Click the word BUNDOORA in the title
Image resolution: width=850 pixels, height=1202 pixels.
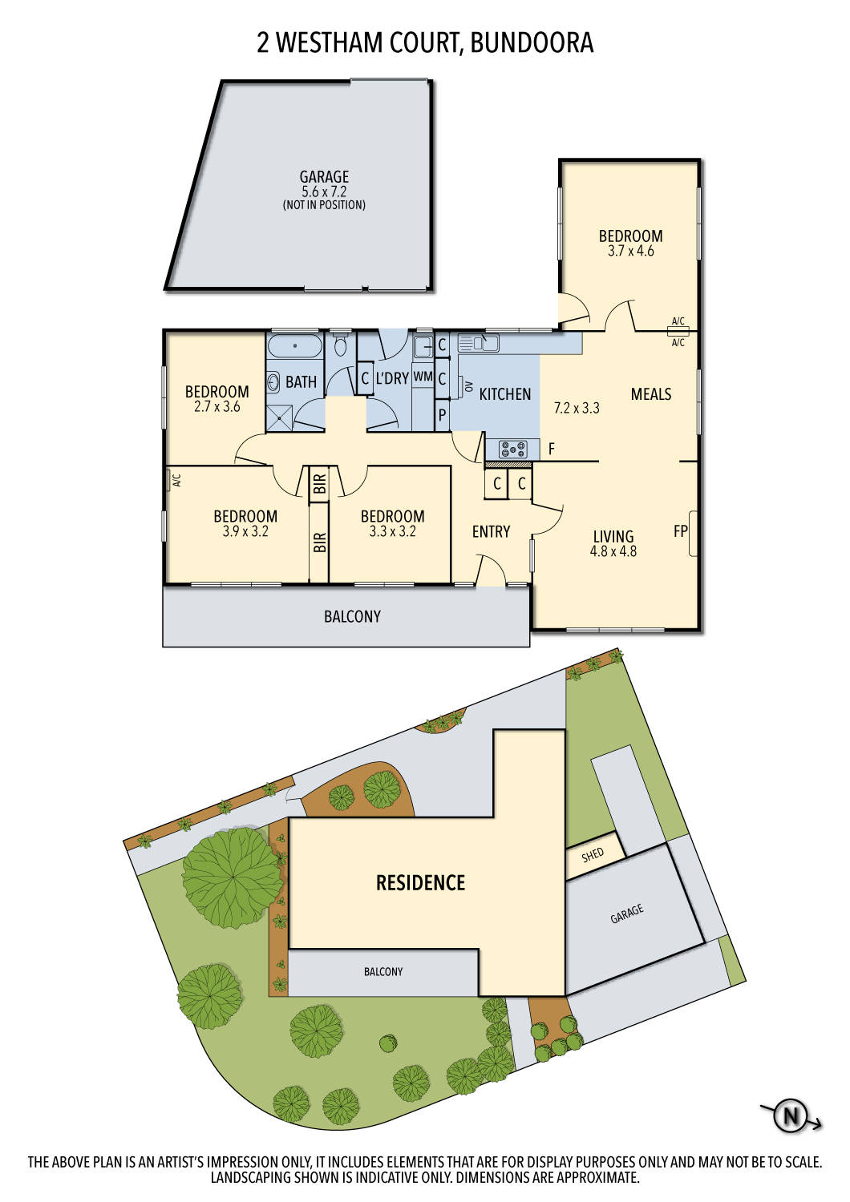(x=532, y=42)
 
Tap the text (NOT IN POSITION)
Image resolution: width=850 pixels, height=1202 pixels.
(x=324, y=205)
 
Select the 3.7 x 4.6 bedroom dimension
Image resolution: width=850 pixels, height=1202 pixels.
(x=630, y=251)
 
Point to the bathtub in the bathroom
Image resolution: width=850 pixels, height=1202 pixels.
(x=294, y=346)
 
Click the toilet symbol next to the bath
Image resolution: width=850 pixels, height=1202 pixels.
(x=341, y=347)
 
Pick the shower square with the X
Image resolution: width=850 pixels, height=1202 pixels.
(x=280, y=417)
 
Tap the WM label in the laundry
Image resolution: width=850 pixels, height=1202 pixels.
(x=423, y=377)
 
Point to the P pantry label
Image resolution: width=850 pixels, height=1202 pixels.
(x=441, y=416)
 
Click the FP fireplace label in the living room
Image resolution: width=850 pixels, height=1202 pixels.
(x=681, y=530)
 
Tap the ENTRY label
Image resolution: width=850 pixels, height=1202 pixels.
(x=491, y=531)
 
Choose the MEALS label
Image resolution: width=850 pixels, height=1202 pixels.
(x=650, y=394)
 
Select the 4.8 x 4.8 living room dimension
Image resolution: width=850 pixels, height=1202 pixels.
(x=613, y=551)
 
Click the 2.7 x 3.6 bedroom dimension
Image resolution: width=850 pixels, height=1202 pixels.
(x=217, y=406)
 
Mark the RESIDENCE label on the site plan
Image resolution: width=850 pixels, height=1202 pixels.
(x=420, y=883)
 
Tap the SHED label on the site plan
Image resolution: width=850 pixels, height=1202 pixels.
(x=593, y=855)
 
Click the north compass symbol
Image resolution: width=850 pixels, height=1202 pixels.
(x=791, y=1115)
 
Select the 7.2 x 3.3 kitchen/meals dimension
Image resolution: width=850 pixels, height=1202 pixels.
(x=577, y=408)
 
